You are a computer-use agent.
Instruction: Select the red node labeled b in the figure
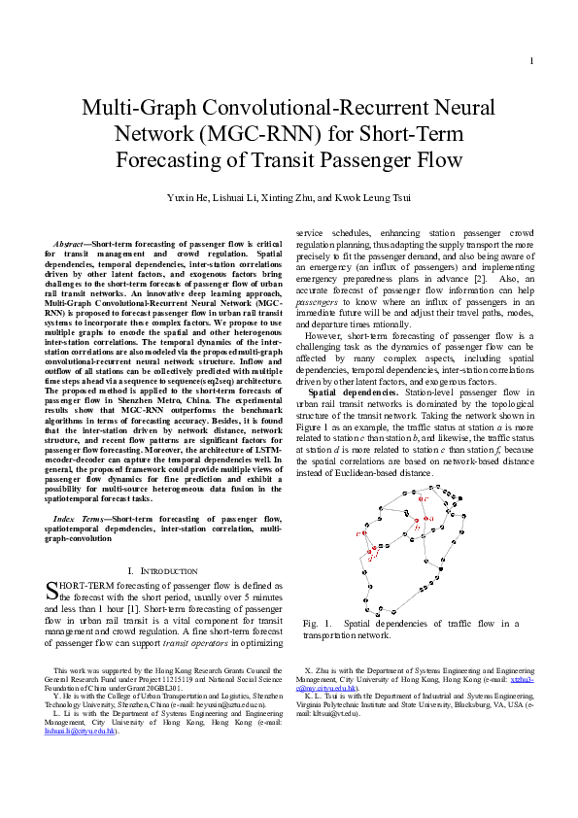click(x=417, y=521)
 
